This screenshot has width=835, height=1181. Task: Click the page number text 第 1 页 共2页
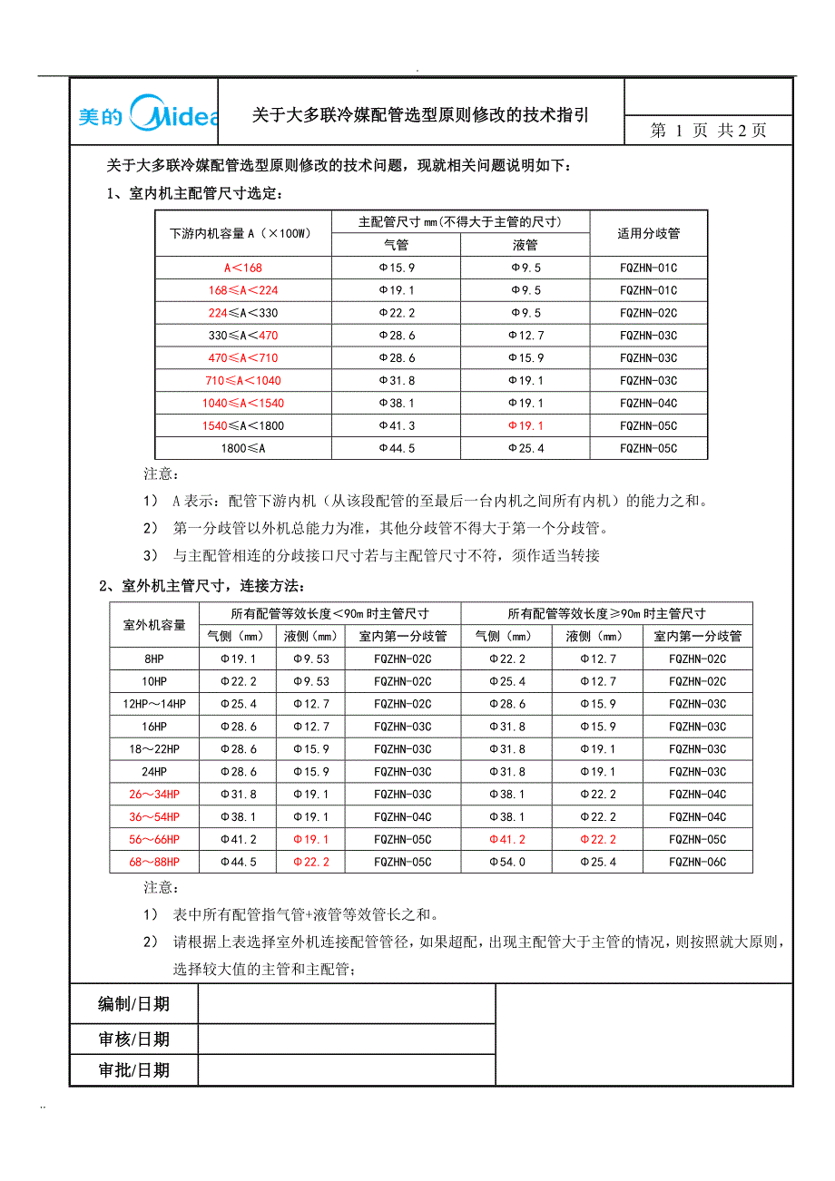coord(709,130)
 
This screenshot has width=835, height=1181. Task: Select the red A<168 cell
coord(243,268)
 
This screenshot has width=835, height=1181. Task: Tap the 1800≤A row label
coord(243,448)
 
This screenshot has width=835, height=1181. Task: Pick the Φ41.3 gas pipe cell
coord(397,425)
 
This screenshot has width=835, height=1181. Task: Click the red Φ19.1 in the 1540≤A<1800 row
coord(526,425)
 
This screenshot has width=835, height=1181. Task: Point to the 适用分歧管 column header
coord(649,233)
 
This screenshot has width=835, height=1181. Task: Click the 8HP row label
coord(154,659)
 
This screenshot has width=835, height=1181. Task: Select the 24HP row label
coord(154,772)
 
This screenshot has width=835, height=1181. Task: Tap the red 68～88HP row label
coord(154,862)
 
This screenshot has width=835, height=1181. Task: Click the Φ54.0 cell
coord(506,862)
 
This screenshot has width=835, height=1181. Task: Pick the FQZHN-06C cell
coord(698,862)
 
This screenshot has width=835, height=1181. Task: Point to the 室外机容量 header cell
coord(154,624)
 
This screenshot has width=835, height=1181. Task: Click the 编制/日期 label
coord(133,1004)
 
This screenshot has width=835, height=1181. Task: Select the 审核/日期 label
coord(133,1039)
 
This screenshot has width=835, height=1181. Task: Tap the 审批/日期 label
coord(133,1070)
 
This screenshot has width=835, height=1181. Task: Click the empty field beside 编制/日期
coord(347,1004)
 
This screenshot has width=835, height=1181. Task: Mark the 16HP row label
coord(154,727)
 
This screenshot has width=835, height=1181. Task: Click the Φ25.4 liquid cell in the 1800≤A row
coord(526,448)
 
